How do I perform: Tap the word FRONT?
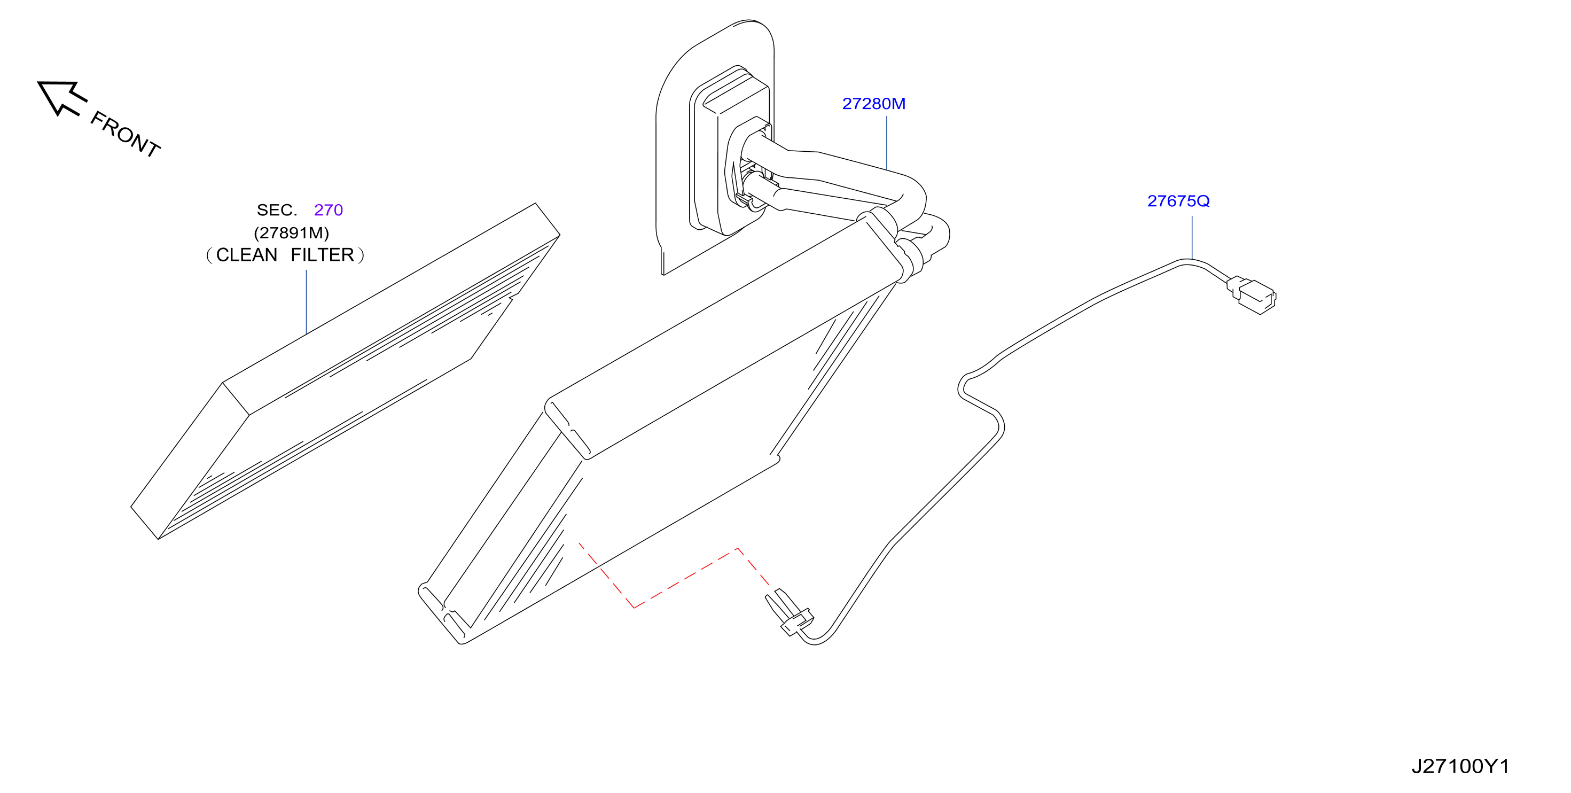[126, 134]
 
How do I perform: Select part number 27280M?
[873, 104]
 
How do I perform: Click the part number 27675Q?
[1178, 201]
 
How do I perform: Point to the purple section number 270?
[328, 210]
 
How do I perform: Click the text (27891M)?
[292, 232]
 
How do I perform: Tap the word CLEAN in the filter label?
[247, 255]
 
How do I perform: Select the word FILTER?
[322, 255]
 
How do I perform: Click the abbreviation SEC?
[277, 210]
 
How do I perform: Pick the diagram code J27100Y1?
[1460, 766]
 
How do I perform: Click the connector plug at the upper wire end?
[1252, 296]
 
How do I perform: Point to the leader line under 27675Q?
[1192, 237]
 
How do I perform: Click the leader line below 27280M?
[887, 143]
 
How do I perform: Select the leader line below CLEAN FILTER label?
[306, 302]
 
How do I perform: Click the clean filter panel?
[345, 371]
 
